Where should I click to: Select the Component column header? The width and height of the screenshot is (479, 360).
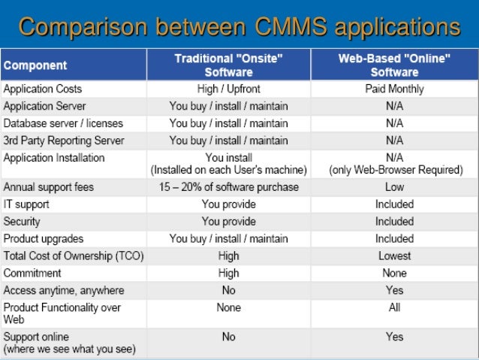pyautogui.click(x=35, y=65)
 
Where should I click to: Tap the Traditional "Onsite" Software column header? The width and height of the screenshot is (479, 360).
pyautogui.click(x=228, y=65)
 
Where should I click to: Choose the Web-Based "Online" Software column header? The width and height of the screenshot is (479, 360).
pyautogui.click(x=395, y=65)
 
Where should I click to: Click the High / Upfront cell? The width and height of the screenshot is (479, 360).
pyautogui.click(x=228, y=89)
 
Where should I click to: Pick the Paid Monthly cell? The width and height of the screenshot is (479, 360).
pyautogui.click(x=395, y=89)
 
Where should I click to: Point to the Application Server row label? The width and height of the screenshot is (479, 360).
pyautogui.click(x=45, y=106)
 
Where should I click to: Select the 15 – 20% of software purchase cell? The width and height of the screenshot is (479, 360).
pyautogui.click(x=228, y=187)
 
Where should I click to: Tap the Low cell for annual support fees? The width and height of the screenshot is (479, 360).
pyautogui.click(x=395, y=187)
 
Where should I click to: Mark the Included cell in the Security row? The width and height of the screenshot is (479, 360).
pyautogui.click(x=395, y=222)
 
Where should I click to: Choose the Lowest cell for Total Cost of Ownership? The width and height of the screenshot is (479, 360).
pyautogui.click(x=395, y=256)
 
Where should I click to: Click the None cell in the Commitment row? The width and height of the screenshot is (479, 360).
pyautogui.click(x=395, y=274)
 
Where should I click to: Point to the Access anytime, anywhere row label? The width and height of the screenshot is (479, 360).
pyautogui.click(x=65, y=291)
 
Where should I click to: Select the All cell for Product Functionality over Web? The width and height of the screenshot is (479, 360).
pyautogui.click(x=395, y=308)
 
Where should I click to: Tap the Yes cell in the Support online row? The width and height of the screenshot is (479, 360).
pyautogui.click(x=395, y=337)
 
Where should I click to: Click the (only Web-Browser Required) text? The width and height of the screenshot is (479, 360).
pyautogui.click(x=395, y=171)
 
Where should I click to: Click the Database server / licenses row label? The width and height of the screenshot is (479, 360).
pyautogui.click(x=63, y=123)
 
